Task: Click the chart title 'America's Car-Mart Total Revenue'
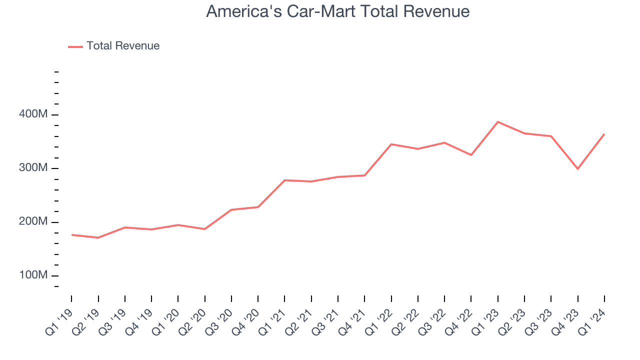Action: click(x=337, y=11)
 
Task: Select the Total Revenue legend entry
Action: click(x=122, y=46)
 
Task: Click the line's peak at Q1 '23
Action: click(x=498, y=122)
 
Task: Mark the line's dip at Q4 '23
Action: click(x=578, y=168)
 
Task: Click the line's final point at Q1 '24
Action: click(x=604, y=134)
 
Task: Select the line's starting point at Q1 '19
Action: click(x=71, y=234)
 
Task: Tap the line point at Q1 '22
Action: click(x=391, y=144)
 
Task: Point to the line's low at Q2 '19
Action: click(x=98, y=237)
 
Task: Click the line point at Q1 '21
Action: click(x=284, y=180)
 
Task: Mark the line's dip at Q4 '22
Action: click(x=471, y=155)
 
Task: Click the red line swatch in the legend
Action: click(x=75, y=46)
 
